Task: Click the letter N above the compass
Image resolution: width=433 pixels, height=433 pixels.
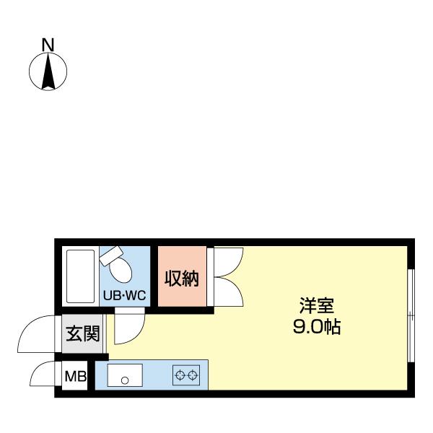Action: pyautogui.click(x=48, y=45)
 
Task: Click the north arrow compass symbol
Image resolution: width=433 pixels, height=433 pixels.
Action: pyautogui.click(x=48, y=72)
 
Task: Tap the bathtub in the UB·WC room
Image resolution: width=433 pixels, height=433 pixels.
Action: pyautogui.click(x=79, y=276)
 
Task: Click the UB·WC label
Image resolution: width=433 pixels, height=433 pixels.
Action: pyautogui.click(x=124, y=295)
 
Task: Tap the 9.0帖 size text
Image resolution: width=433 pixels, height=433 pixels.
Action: pyautogui.click(x=316, y=327)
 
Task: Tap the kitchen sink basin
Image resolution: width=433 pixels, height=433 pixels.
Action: pyautogui.click(x=125, y=376)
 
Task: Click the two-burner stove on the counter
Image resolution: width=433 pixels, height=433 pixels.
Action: pyautogui.click(x=185, y=375)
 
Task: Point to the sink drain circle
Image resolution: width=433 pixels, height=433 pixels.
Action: pyautogui.click(x=125, y=380)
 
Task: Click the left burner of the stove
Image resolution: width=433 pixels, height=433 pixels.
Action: pyautogui.click(x=179, y=375)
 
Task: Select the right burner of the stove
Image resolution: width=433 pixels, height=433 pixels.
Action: pyautogui.click(x=192, y=375)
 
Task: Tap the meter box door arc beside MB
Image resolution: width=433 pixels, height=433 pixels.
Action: pyautogui.click(x=43, y=375)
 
